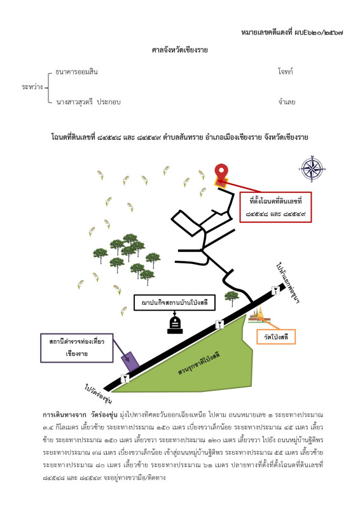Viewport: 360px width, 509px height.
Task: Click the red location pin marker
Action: click(x=221, y=172)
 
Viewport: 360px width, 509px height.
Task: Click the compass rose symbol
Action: click(x=312, y=169)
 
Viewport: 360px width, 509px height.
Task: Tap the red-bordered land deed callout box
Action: click(x=275, y=207)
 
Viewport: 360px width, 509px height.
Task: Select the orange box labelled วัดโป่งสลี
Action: click(x=276, y=337)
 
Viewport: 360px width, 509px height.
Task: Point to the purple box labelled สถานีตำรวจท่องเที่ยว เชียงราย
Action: click(x=76, y=347)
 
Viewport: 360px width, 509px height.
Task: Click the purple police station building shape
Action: click(x=130, y=361)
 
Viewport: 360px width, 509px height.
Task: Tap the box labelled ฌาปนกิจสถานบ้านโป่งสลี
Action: click(x=175, y=303)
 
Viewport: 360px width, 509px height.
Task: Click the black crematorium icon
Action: click(x=175, y=325)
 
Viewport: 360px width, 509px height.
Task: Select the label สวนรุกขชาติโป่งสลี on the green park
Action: click(x=199, y=363)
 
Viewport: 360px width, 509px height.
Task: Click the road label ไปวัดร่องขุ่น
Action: click(x=99, y=394)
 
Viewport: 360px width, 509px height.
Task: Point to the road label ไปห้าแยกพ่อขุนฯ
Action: click(x=288, y=282)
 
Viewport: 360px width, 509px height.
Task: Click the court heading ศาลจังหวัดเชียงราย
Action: click(x=180, y=50)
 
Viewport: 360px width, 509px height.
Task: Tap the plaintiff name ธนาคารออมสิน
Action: click(x=76, y=72)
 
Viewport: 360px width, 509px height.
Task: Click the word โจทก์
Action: click(x=286, y=71)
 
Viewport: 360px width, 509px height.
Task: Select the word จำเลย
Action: click(x=287, y=102)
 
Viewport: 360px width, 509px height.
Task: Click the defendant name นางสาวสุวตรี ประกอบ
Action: click(x=88, y=102)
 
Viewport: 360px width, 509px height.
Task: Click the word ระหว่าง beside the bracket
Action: click(x=32, y=87)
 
